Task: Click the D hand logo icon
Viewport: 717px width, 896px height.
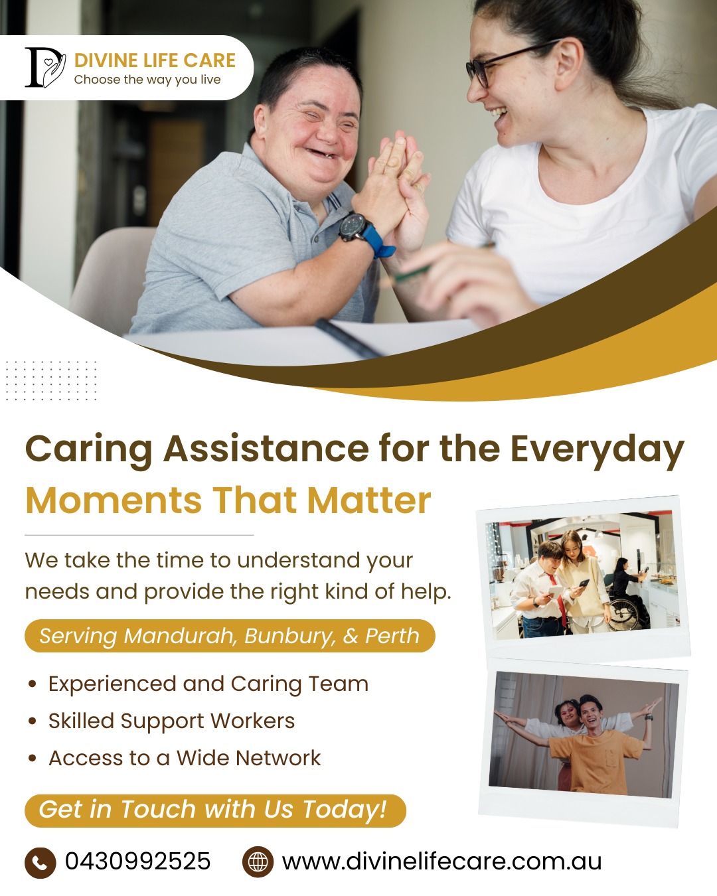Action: (45, 68)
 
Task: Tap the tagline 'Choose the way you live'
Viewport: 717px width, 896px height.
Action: (147, 80)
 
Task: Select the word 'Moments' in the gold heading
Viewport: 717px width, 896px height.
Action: (114, 500)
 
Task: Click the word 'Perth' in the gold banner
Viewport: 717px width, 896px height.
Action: (392, 636)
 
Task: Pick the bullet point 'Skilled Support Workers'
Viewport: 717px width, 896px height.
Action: (172, 721)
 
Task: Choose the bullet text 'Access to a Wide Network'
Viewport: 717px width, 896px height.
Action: (185, 758)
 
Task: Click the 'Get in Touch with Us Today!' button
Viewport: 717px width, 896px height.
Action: (215, 810)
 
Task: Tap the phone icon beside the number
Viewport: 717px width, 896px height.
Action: (40, 863)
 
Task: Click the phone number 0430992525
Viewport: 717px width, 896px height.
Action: (138, 861)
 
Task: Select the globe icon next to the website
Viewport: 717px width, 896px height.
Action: (258, 862)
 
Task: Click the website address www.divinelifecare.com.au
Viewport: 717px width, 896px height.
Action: (442, 862)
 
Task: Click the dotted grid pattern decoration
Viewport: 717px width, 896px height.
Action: (52, 380)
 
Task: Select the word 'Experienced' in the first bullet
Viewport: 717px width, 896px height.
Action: (112, 684)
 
